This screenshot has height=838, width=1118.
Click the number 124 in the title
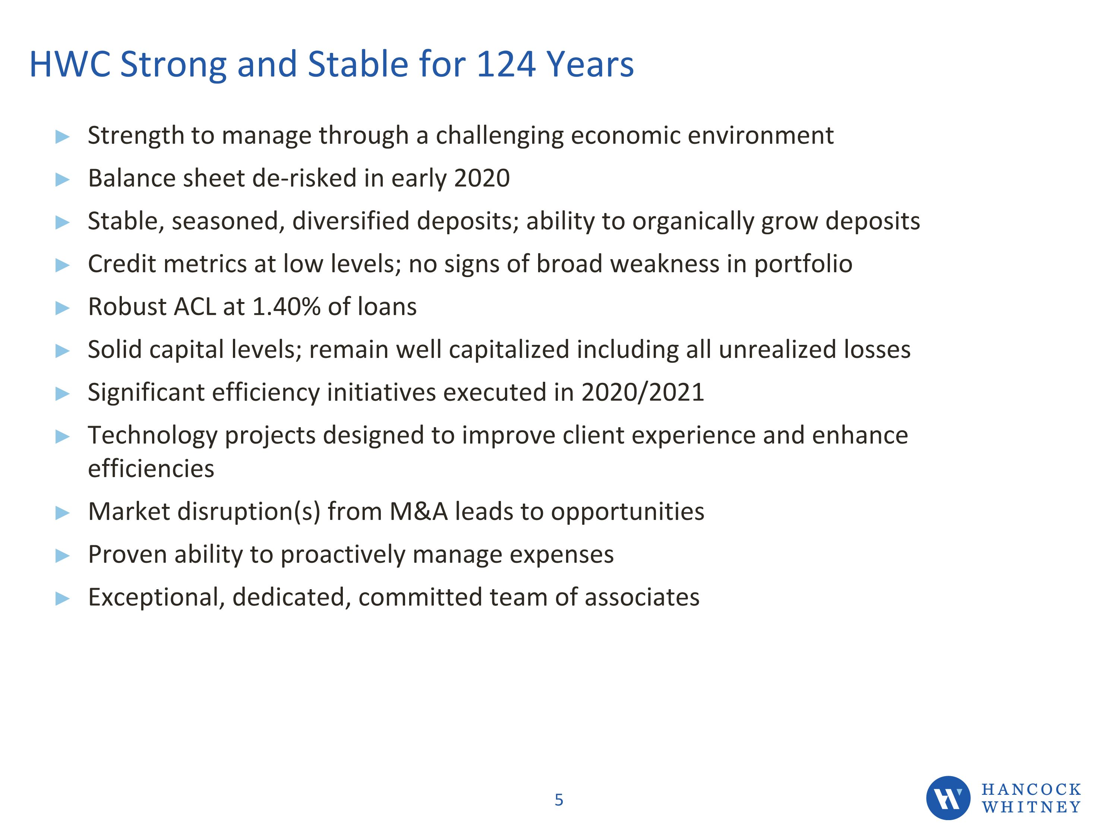(505, 65)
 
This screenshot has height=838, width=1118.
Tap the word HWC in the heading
(70, 65)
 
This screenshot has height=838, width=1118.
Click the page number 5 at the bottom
(559, 800)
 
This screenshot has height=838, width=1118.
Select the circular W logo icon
(948, 798)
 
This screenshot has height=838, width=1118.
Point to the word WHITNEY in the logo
(1031, 807)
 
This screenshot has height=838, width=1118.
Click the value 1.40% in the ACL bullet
(286, 307)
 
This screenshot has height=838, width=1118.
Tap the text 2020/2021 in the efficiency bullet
(642, 393)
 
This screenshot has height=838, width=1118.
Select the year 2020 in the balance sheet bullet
(481, 178)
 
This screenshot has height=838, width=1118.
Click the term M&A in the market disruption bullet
(419, 512)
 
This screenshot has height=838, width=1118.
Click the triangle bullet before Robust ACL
(62, 308)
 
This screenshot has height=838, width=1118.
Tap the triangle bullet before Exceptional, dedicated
(62, 599)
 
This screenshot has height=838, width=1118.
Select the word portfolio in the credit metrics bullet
(803, 264)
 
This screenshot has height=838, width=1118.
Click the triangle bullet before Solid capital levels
(62, 350)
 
